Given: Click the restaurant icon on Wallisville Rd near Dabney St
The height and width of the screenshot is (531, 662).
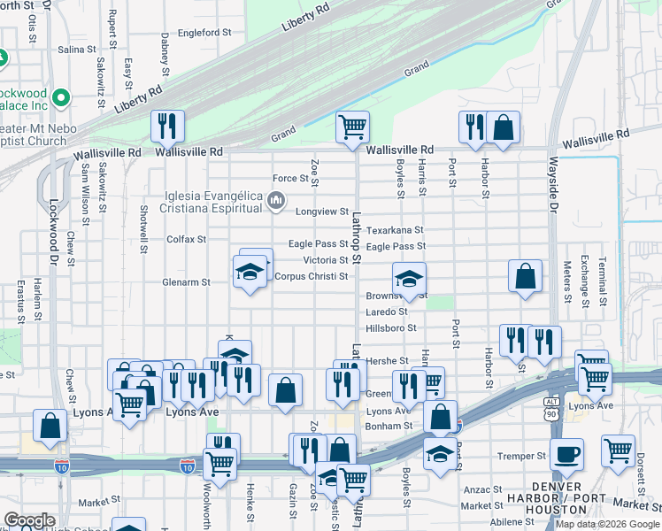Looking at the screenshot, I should [x=166, y=127].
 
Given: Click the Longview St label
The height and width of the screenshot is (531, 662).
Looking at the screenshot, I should [x=322, y=212].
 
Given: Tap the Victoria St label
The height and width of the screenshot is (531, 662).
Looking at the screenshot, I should [x=325, y=260].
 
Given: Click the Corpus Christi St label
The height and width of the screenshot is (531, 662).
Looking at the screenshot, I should [x=312, y=276].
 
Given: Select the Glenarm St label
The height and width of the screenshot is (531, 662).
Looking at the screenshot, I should [x=186, y=282].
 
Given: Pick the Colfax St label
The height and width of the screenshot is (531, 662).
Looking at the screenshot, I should [x=186, y=239].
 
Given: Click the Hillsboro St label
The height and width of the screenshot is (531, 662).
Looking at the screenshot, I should [x=390, y=327].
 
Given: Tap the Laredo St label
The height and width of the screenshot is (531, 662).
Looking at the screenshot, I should [x=386, y=312].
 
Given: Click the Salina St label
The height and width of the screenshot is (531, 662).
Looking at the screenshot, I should [x=76, y=50].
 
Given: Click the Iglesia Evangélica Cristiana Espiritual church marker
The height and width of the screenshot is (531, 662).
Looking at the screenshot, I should [x=276, y=203].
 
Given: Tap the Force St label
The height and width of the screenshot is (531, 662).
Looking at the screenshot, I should [x=289, y=179].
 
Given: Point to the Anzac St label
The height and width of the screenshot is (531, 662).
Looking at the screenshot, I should [x=486, y=489].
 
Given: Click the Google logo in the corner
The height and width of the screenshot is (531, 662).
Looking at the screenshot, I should [x=30, y=520].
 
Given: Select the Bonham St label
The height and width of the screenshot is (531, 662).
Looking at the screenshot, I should [x=390, y=426].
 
